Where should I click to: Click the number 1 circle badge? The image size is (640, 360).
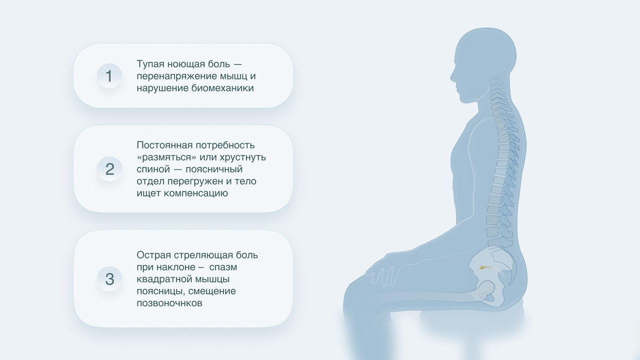pos(109,76)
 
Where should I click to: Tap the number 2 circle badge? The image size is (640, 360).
pos(109,169)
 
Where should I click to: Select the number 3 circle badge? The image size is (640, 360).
pos(109,278)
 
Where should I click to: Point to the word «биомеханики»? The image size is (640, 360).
pos(223,88)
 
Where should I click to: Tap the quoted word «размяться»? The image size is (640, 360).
pos(166,157)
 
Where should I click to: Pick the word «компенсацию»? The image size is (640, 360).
pos(198,193)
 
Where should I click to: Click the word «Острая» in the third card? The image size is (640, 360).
pos(153,255)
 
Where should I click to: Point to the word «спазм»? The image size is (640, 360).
pos(224,267)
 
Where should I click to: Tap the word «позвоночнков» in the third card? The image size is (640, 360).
pos(170,303)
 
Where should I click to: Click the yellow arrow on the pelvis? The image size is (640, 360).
pos(485,268)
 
